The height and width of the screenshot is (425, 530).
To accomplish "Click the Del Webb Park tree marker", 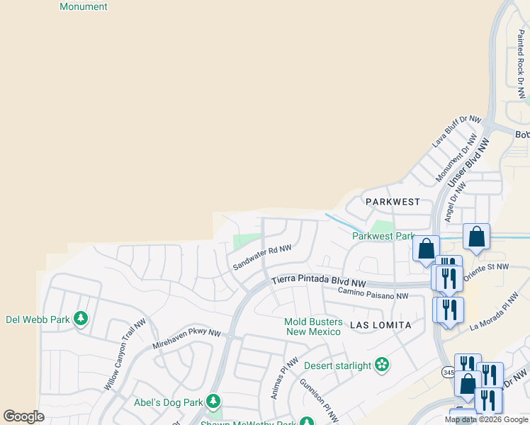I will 81,319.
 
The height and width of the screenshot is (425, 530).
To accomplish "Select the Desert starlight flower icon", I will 383,365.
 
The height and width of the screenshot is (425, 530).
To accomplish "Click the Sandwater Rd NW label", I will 262,258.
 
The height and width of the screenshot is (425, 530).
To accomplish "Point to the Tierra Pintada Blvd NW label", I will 319,280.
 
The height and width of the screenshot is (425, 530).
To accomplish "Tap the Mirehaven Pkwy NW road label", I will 186,341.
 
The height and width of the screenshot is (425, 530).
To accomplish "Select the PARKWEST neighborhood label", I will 393,202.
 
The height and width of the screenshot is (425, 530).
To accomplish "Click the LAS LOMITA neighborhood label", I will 380,324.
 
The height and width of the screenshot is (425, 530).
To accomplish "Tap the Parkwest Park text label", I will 383,236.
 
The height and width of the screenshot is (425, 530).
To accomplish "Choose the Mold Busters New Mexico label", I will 314,327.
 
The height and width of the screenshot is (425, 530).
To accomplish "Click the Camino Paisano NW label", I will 373,293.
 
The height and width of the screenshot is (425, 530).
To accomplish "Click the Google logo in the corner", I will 23,416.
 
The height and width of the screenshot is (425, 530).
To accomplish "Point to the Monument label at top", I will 84,6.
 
